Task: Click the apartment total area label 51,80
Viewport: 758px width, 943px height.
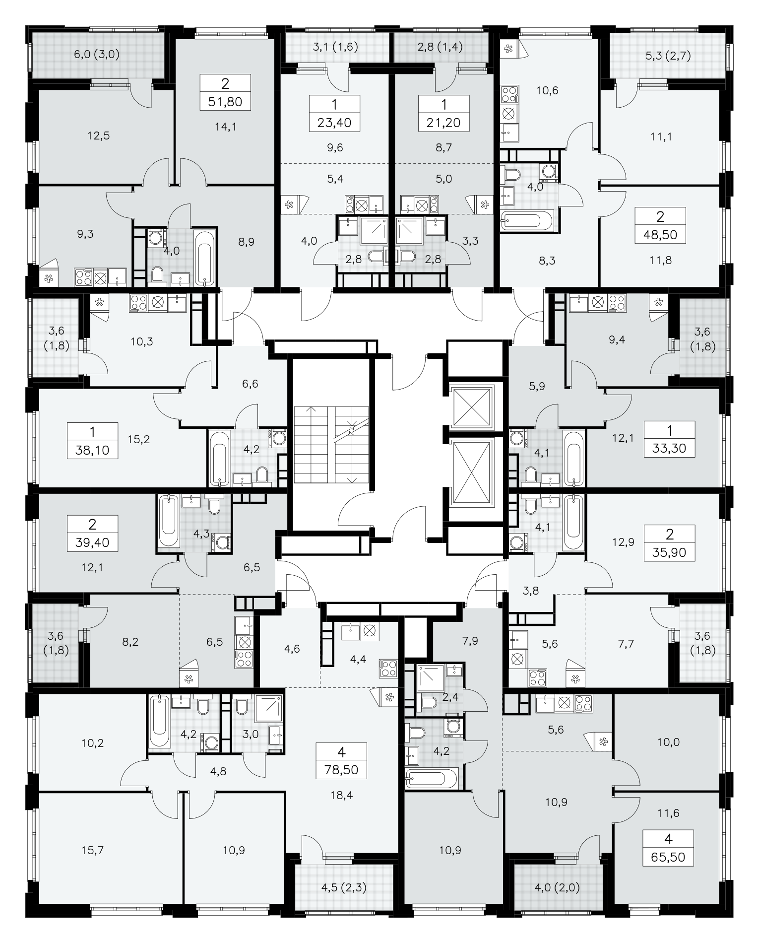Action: pyautogui.click(x=226, y=102)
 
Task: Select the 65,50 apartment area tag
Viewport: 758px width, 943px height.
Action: pyautogui.click(x=668, y=857)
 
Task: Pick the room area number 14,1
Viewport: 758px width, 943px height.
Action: pyautogui.click(x=226, y=127)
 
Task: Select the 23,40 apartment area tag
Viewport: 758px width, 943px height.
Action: pyautogui.click(x=334, y=123)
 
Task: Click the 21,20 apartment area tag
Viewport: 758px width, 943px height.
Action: pyautogui.click(x=443, y=123)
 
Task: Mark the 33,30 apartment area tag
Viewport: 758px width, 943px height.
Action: pyautogui.click(x=669, y=449)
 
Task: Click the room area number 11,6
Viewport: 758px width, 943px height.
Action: pyautogui.click(x=668, y=813)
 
